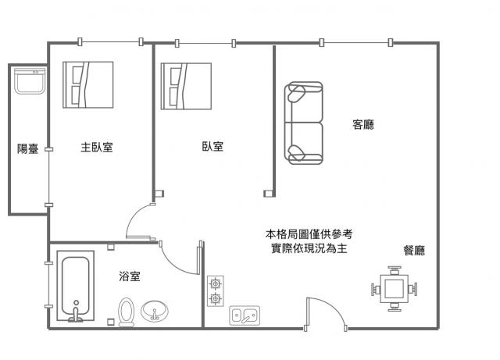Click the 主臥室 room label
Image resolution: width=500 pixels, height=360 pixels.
pyautogui.click(x=97, y=148)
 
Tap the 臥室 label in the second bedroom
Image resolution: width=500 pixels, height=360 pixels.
pyautogui.click(x=212, y=146)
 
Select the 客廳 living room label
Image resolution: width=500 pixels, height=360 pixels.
pyautogui.click(x=363, y=124)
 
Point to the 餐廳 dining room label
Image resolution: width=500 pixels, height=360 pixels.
pyautogui.click(x=414, y=251)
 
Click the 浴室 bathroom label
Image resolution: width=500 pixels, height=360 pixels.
pyautogui.click(x=130, y=276)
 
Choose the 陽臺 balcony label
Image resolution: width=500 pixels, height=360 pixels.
pyautogui.click(x=28, y=148)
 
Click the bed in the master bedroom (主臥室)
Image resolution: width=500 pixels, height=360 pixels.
pyautogui.click(x=88, y=85)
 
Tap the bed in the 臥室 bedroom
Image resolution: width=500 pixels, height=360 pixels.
pyautogui.click(x=186, y=86)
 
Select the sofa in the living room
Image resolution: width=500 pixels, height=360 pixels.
pyautogui.click(x=304, y=123)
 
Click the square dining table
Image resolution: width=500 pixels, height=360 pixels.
pyautogui.click(x=394, y=289)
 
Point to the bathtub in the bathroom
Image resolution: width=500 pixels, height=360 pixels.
pyautogui.click(x=76, y=286)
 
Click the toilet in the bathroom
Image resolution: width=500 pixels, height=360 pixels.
pyautogui.click(x=127, y=312)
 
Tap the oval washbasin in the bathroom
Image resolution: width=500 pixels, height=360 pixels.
pyautogui.click(x=155, y=312)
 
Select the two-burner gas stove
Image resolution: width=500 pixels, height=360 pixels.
pyautogui.click(x=216, y=290)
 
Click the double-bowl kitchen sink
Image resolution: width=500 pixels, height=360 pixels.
pyautogui.click(x=245, y=315)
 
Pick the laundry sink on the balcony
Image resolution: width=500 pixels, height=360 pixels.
pyautogui.click(x=30, y=81)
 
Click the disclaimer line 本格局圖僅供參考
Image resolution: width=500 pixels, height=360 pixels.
pyautogui.click(x=309, y=234)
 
